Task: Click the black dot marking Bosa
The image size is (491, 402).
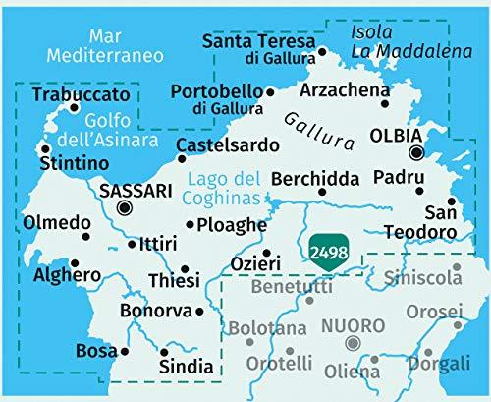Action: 125,351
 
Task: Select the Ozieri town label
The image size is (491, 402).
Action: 255,262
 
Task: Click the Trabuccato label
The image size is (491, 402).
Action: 80,94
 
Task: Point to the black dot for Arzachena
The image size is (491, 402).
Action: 385,103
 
